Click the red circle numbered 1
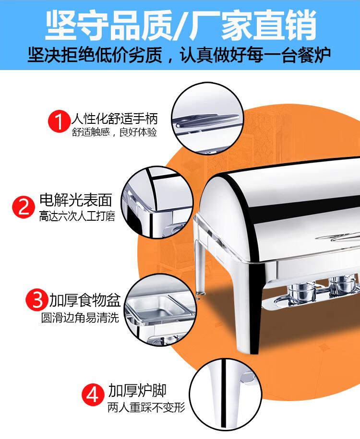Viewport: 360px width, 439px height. [x=59, y=121]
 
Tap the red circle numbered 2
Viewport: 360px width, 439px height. [x=23, y=207]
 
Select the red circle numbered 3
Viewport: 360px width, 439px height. [x=37, y=299]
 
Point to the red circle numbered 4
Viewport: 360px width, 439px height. [x=93, y=394]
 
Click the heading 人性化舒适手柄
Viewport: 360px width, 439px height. [x=115, y=119]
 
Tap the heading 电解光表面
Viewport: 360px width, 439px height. [x=76, y=201]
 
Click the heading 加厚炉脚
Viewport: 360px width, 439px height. [x=137, y=391]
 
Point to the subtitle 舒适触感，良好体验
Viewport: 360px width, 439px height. [x=114, y=132]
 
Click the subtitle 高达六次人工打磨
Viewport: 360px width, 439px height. [x=77, y=216]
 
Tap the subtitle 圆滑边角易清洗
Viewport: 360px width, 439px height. [x=80, y=318]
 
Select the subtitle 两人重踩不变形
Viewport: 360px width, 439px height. [x=146, y=407]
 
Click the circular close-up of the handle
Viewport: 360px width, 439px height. [x=207, y=118]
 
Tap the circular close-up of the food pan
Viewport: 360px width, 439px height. [x=160, y=310]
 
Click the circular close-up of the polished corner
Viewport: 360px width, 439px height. [x=157, y=202]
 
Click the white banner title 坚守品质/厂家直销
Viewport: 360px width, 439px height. [x=180, y=24]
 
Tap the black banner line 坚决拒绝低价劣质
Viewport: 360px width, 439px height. [x=95, y=55]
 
